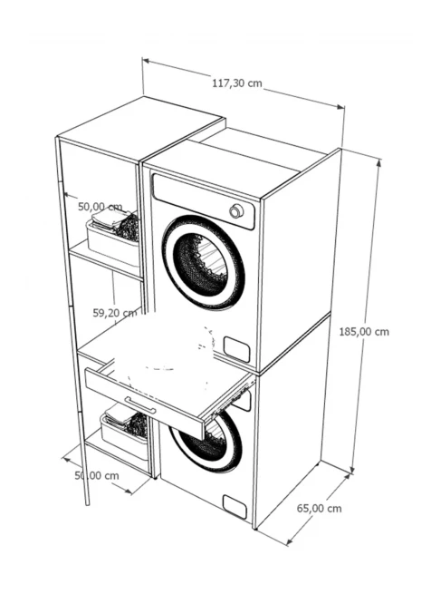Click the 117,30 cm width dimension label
[237, 83]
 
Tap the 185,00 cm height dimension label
[364, 332]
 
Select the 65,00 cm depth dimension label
[319, 509]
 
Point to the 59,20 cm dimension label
[115, 313]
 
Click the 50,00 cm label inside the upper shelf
[101, 207]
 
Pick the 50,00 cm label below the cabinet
[97, 475]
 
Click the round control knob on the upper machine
[236, 211]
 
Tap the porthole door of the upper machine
[203, 262]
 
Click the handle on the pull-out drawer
[140, 405]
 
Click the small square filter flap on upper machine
[236, 349]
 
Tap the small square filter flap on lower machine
[235, 507]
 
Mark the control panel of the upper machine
[204, 201]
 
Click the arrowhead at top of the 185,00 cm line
[378, 164]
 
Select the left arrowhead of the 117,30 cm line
[147, 60]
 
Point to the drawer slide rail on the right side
[230, 401]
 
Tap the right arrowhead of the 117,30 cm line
[340, 107]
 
